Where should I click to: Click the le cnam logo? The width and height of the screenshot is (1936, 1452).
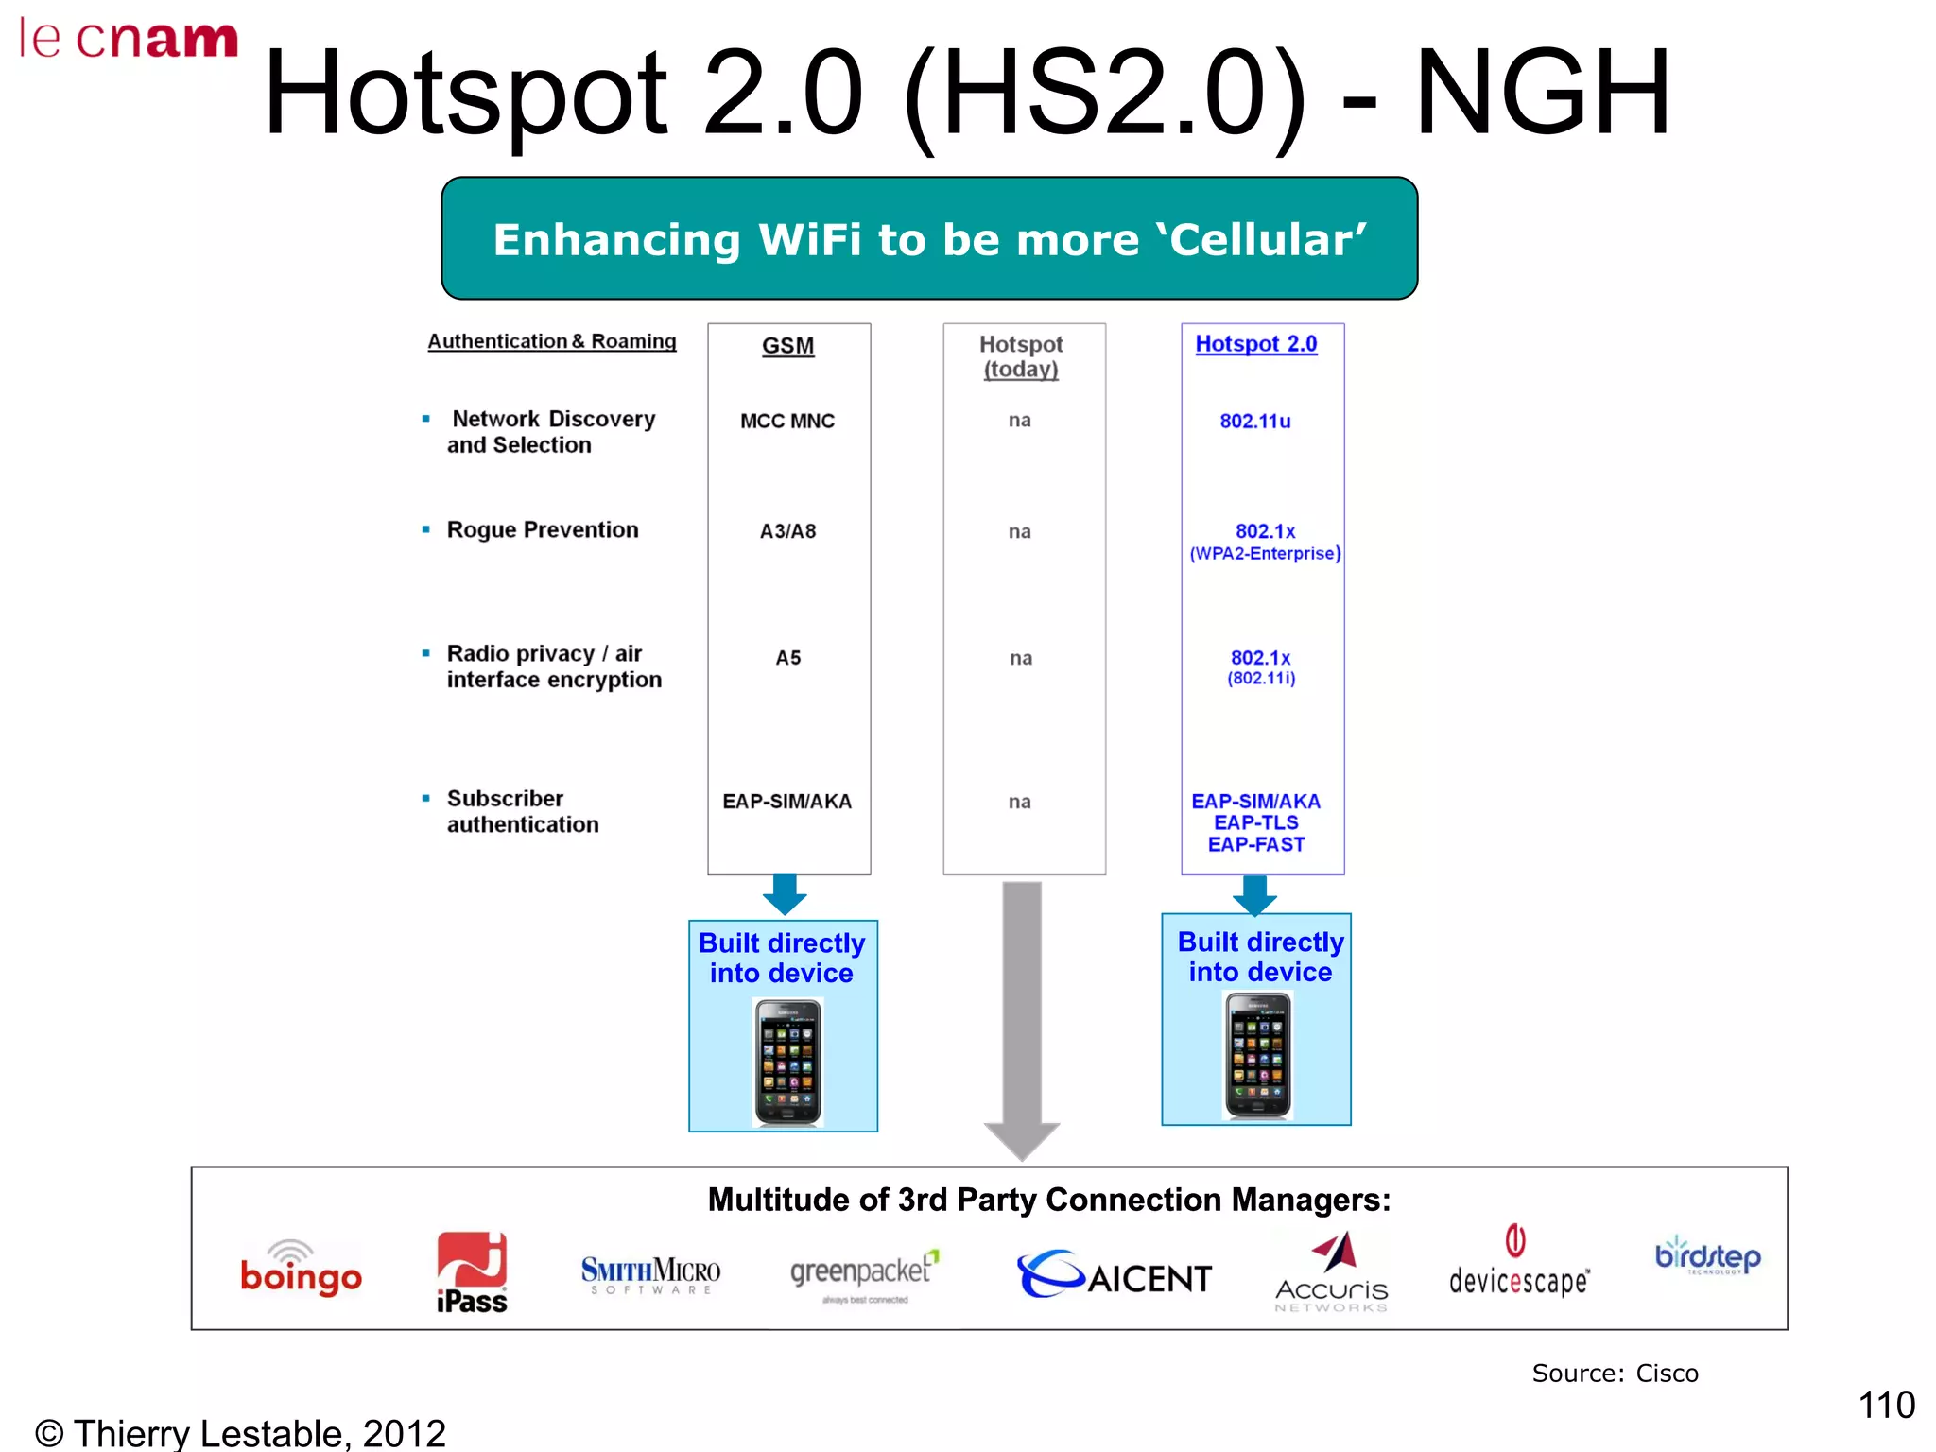[x=129, y=40]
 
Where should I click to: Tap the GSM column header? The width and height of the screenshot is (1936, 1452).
[x=787, y=346]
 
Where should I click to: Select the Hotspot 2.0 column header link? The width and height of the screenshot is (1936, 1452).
[x=1255, y=344]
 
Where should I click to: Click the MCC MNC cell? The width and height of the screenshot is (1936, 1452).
[x=787, y=422]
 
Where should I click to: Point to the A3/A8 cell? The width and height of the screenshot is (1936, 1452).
[x=787, y=531]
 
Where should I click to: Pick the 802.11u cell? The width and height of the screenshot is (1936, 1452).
[x=1254, y=422]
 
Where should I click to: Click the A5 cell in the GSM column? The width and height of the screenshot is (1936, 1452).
[x=787, y=658]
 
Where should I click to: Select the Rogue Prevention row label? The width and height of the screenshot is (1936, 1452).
[x=543, y=530]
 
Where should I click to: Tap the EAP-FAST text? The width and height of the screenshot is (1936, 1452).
[x=1256, y=845]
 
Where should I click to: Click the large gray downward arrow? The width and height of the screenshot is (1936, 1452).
[x=1022, y=1021]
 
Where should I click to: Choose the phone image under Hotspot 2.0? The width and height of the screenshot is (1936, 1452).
[x=1257, y=1055]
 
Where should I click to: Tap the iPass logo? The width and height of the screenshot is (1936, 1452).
[x=472, y=1272]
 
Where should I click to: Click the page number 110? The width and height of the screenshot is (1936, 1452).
[x=1886, y=1405]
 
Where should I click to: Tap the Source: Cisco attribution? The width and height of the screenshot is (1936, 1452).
[x=1615, y=1374]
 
